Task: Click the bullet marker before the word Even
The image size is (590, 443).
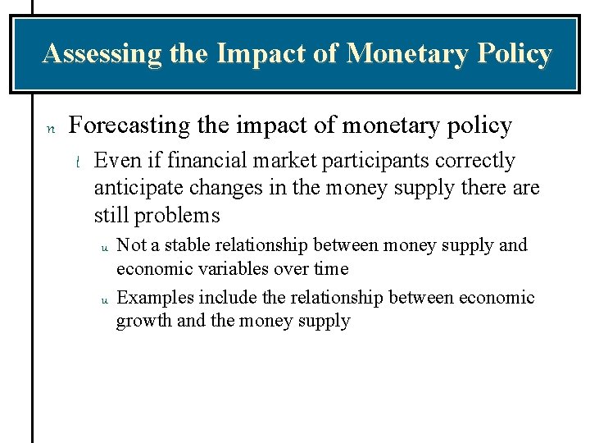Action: point(77,162)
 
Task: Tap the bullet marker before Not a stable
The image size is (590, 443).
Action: point(104,247)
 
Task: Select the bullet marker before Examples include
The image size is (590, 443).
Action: point(104,299)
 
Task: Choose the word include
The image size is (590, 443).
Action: point(216,298)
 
